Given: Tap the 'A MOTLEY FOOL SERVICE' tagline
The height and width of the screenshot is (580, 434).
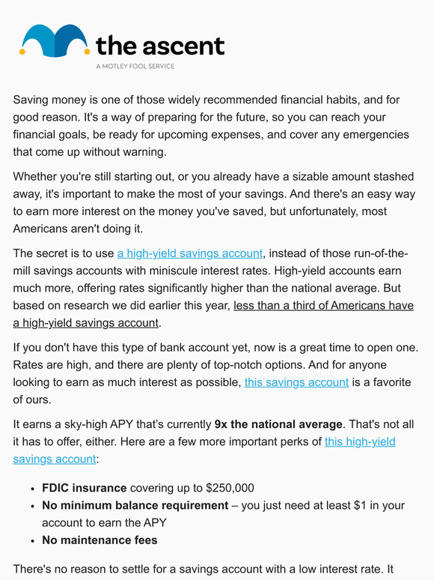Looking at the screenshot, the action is (135, 66).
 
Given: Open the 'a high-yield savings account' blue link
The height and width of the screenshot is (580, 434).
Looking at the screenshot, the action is (190, 253).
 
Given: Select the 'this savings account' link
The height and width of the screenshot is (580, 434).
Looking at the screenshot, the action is (296, 382).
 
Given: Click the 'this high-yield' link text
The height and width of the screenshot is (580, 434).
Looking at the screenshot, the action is (360, 441).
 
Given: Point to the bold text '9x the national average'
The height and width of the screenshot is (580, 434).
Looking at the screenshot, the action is (278, 423).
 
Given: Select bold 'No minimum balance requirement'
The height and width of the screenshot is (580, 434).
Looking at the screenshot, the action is (135, 505).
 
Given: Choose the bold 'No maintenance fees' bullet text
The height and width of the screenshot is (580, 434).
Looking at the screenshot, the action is (100, 540).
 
